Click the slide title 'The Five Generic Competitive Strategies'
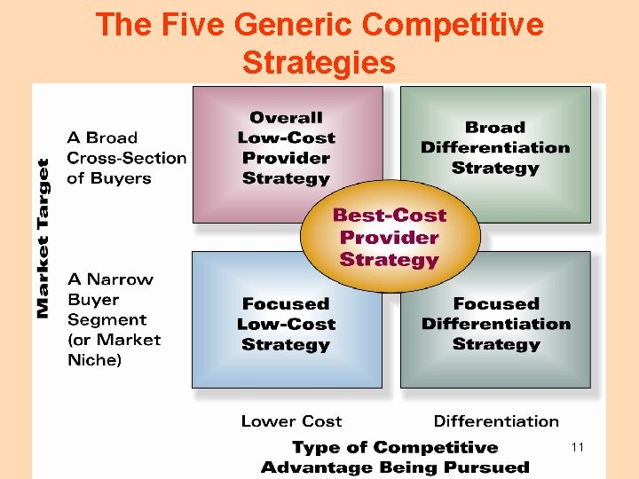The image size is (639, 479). pos(319,43)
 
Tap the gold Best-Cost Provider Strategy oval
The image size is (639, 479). pos(390,238)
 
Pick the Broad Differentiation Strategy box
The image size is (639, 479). pos(495,147)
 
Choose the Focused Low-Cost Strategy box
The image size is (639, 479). pos(286,324)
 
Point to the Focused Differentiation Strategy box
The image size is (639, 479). pos(496,324)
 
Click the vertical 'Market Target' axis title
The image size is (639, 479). pos(43,238)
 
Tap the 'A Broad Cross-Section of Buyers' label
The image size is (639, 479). pos(127,158)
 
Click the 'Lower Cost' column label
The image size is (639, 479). pos(291,421)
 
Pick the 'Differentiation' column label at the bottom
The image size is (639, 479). pos(496,421)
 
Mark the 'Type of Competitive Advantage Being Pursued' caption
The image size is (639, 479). pos(395,457)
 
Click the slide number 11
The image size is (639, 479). pos(578,448)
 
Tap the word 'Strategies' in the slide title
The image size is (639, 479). pos(318,63)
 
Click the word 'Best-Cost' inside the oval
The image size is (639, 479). pos(390,216)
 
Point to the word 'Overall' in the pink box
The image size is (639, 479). pos(286,118)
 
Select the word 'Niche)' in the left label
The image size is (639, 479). pos(95,360)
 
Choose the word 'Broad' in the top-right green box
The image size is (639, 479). pos(495,128)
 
